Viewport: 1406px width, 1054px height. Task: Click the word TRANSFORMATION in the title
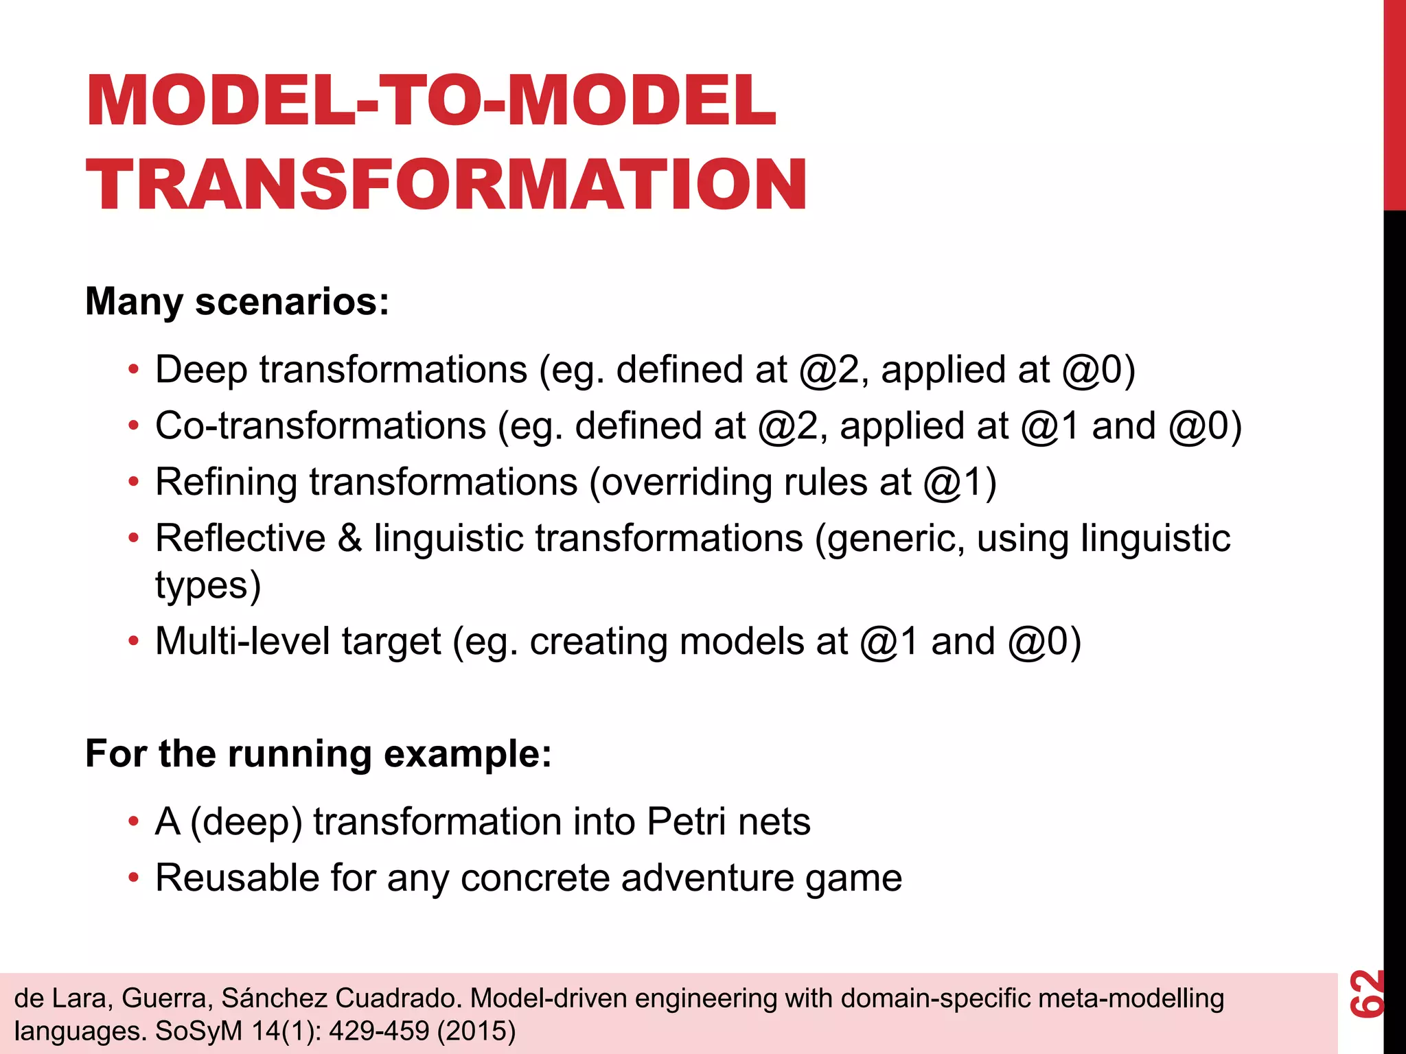pyautogui.click(x=446, y=184)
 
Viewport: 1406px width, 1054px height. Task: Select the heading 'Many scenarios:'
pyautogui.click(x=237, y=301)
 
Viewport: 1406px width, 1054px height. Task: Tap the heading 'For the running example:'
pyautogui.click(x=318, y=753)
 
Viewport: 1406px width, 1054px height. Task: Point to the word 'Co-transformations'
pyautogui.click(x=321, y=426)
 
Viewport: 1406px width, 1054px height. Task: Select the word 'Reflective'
pyautogui.click(x=240, y=538)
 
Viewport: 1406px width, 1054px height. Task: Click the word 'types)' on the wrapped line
pyautogui.click(x=208, y=586)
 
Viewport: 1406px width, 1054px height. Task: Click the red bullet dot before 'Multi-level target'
pyautogui.click(x=133, y=642)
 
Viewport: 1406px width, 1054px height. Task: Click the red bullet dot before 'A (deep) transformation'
pyautogui.click(x=133, y=822)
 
